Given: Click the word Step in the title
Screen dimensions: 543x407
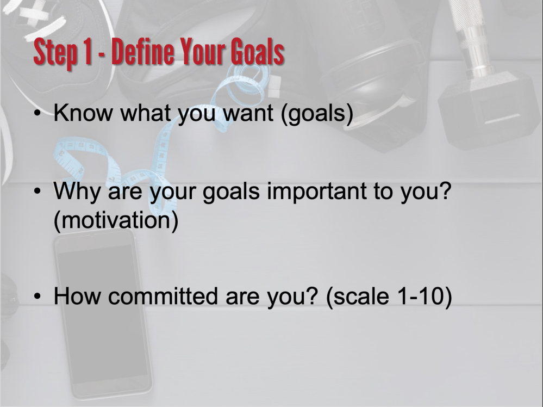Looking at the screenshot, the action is tap(55, 53).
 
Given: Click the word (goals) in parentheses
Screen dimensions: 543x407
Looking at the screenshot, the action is tap(317, 114).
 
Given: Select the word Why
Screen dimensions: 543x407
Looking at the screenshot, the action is tap(76, 192).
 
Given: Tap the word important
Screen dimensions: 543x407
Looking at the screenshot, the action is tap(317, 192).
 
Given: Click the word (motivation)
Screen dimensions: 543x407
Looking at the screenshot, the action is tap(116, 220).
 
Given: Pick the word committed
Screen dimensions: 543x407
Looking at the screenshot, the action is tap(163, 296).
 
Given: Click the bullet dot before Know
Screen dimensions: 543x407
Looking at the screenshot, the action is tap(38, 113).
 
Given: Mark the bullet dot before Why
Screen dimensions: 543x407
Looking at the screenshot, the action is tap(38, 191).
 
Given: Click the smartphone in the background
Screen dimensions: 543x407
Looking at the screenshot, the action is tap(103, 314).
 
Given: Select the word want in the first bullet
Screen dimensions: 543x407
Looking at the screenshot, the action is tap(248, 113).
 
